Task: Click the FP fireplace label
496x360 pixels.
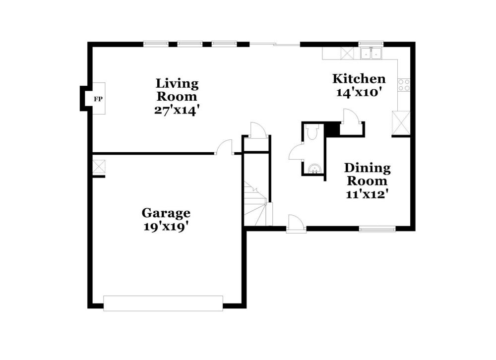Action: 98,99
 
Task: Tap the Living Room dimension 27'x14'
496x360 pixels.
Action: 177,110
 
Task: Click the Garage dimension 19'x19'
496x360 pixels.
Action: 166,227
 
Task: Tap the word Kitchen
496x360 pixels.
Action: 359,79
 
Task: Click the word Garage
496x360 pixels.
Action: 166,213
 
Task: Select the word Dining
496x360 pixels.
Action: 367,168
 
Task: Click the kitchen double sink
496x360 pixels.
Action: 371,54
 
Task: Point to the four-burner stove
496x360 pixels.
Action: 404,85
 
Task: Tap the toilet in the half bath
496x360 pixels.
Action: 312,132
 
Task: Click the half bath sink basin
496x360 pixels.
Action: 314,169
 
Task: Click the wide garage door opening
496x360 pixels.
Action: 163,303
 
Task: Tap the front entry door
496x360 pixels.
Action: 296,224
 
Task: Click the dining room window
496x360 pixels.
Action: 377,229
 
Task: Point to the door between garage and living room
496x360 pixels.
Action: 224,147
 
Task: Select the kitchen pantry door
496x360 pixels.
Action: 351,116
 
